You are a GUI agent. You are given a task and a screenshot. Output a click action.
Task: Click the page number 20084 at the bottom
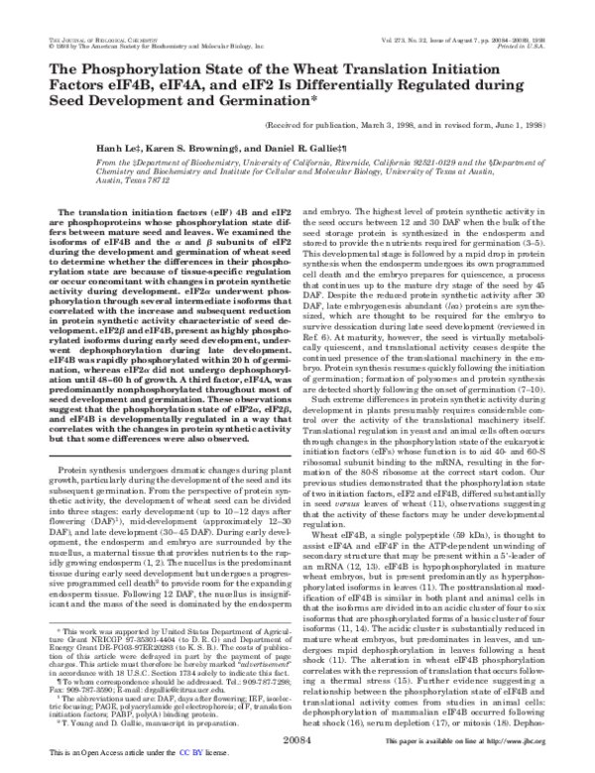pyautogui.click(x=297, y=738)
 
